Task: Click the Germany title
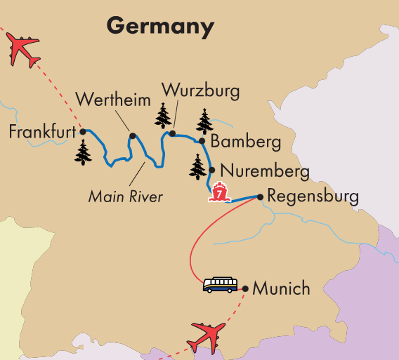point(160,26)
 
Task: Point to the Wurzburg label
point(200,91)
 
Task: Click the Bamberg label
point(245,142)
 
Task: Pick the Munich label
point(281,288)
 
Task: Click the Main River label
point(126,196)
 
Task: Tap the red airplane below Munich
point(209,335)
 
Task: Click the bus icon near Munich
point(220,284)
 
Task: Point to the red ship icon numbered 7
point(219,192)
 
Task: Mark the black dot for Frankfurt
point(82,131)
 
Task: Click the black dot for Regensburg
point(261,197)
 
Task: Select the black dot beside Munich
point(244,288)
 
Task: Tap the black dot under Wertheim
point(131,135)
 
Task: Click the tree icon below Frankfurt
point(83,152)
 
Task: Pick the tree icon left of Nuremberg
point(197,166)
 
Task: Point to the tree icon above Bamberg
point(204,121)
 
